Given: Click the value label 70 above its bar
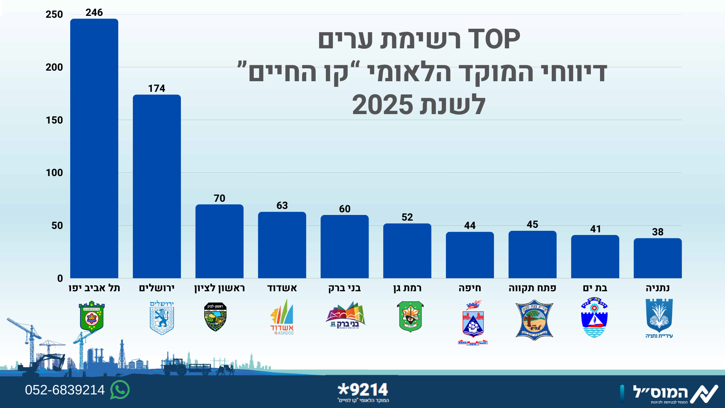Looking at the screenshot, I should tap(219, 198).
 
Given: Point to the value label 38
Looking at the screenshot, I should tap(657, 232).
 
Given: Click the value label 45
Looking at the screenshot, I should tap(532, 224).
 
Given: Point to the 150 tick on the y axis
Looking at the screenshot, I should tap(54, 120).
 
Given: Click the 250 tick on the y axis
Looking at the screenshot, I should tap(54, 14).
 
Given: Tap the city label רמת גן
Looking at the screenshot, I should tap(407, 288).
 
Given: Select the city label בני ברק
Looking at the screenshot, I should tap(344, 288).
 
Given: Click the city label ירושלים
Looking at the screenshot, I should tap(157, 288).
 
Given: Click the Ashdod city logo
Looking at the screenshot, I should tap(282, 317).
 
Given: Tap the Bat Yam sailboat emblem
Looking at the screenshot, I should tap(594, 317).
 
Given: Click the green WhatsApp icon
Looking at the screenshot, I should tap(120, 390).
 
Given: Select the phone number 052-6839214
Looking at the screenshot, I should tap(65, 390).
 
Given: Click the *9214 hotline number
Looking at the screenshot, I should tap(363, 390).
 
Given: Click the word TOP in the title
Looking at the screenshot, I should tap(494, 39).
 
